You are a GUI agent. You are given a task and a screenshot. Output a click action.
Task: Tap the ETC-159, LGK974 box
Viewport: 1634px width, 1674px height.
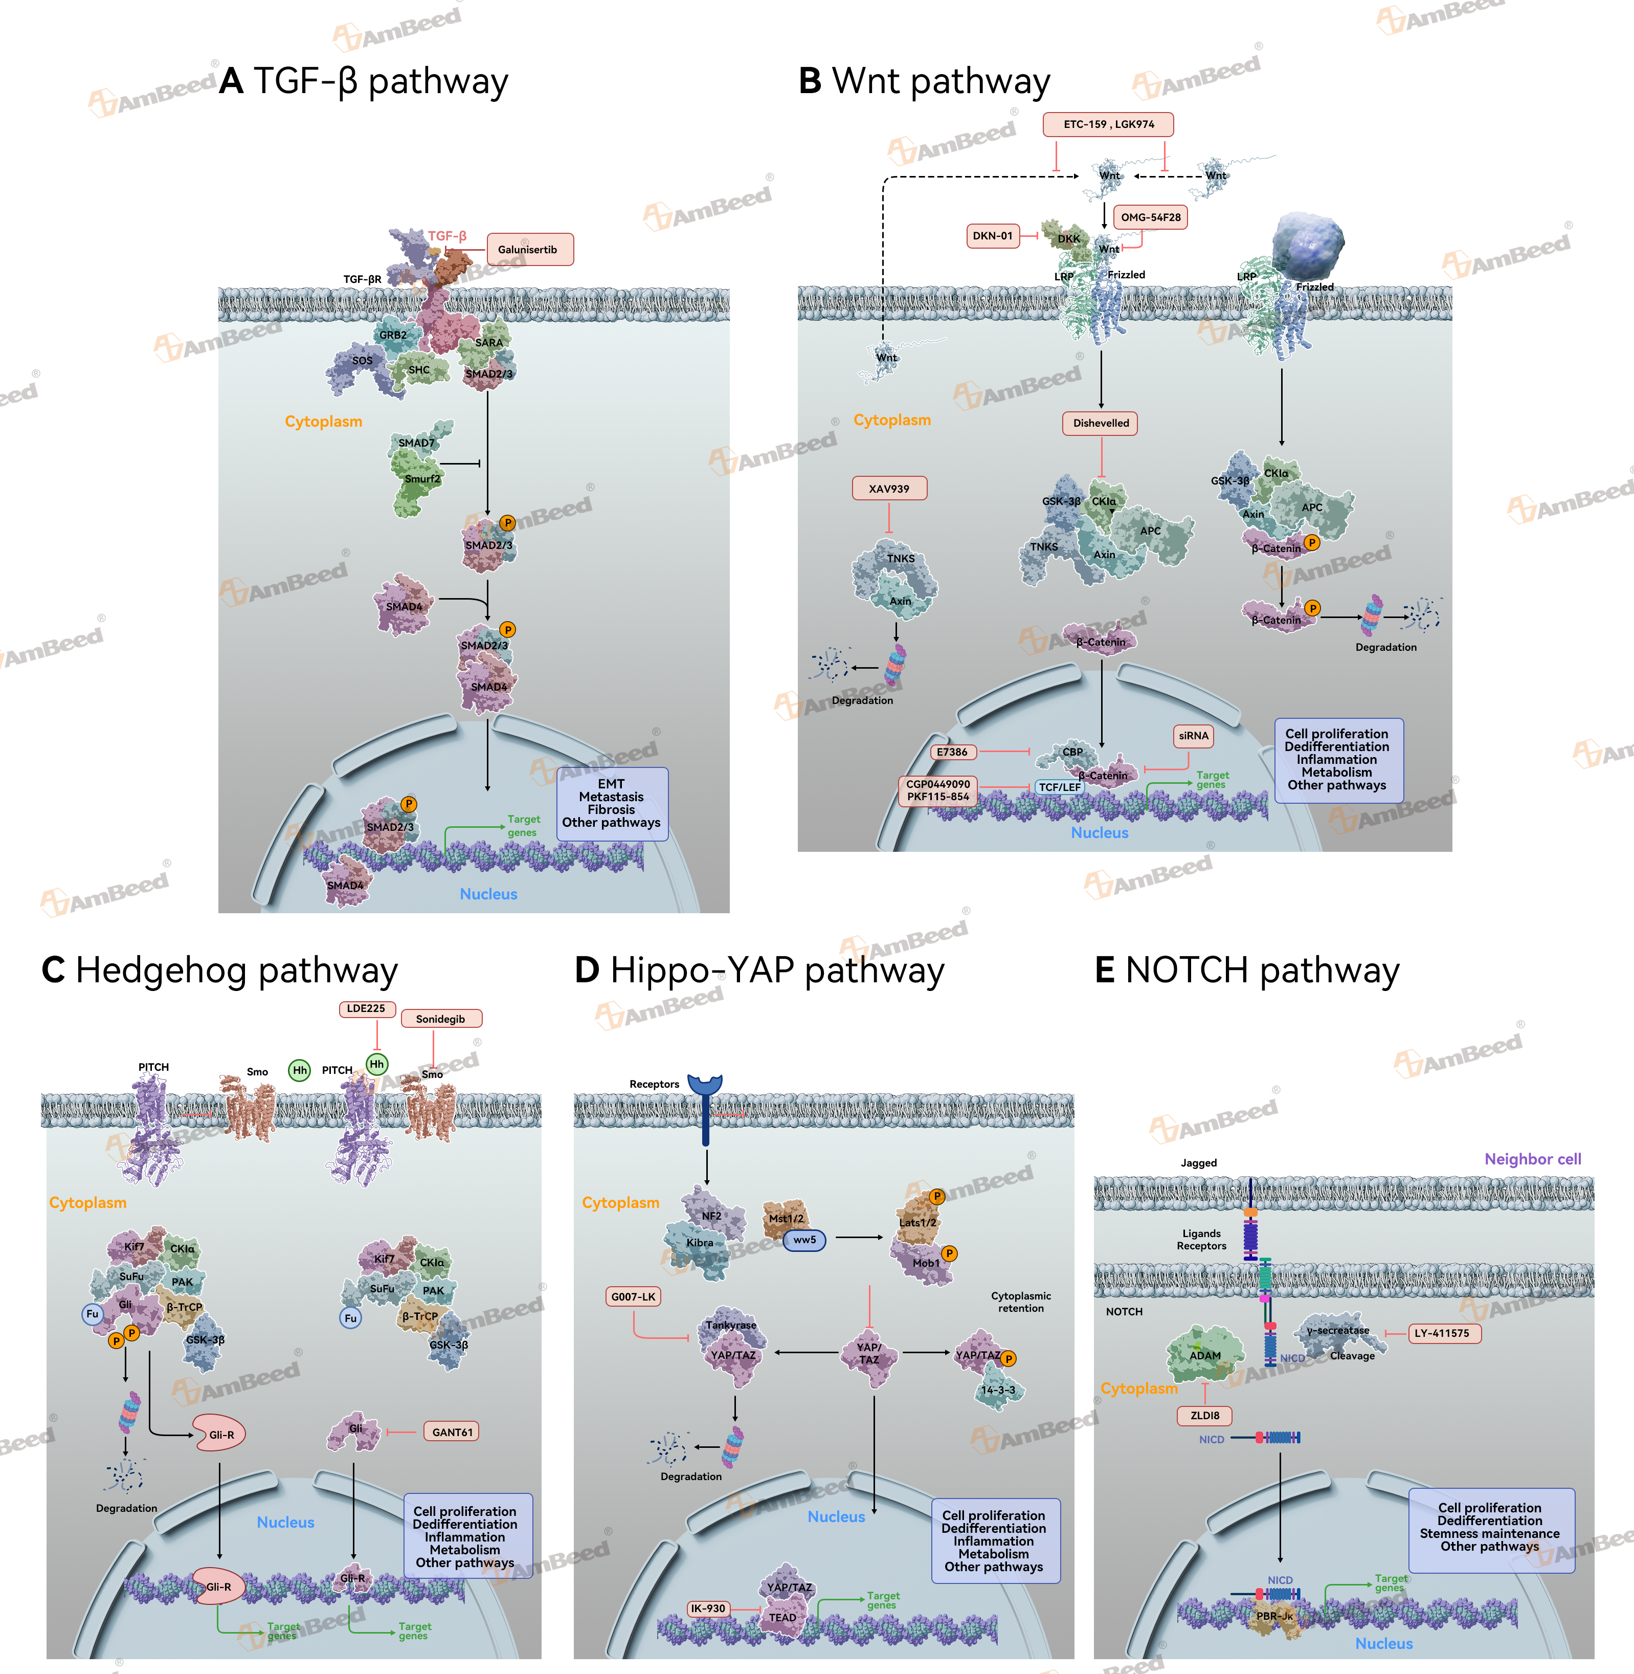pos(1108,124)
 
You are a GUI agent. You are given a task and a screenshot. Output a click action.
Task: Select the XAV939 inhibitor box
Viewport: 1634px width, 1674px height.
pos(889,489)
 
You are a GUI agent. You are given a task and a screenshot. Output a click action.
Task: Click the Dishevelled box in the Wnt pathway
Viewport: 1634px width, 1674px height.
pos(1101,423)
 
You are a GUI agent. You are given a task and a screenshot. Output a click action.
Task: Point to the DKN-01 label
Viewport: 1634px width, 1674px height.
pos(992,236)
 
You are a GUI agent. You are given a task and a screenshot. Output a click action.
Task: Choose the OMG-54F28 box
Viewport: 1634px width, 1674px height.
pos(1150,217)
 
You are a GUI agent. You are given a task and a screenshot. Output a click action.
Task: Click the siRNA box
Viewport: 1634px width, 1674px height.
pos(1193,736)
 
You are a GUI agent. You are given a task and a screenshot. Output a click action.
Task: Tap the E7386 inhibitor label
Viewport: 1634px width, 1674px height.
pos(952,752)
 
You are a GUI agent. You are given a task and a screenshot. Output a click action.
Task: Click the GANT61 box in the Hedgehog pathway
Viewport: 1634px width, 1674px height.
pos(452,1432)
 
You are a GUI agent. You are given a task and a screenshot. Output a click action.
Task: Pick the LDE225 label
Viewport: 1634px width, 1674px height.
pos(367,1009)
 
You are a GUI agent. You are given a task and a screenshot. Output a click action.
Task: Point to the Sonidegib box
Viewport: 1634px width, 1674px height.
pos(441,1019)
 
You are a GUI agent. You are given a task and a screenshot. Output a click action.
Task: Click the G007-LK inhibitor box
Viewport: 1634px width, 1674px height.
pos(633,1296)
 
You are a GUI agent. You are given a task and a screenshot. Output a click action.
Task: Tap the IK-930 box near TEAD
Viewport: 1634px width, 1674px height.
pos(708,1608)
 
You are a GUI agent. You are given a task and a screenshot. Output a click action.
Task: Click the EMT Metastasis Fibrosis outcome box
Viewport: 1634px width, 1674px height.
pos(612,804)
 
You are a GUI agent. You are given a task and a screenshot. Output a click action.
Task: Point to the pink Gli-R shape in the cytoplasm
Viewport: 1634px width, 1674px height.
pos(220,1434)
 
